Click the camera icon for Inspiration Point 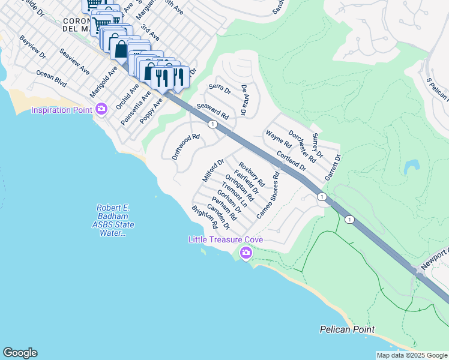click(x=101, y=109)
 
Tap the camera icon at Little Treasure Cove click(x=246, y=253)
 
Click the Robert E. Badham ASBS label click(x=113, y=220)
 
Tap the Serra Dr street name click(x=220, y=89)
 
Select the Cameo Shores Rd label click(x=268, y=196)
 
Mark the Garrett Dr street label click(x=333, y=168)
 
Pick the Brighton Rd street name click(x=204, y=217)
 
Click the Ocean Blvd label click(x=52, y=77)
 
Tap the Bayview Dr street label click(x=32, y=47)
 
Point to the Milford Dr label click(x=213, y=170)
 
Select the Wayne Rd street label click(x=279, y=140)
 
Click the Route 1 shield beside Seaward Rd click(x=212, y=124)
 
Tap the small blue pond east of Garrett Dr click(x=412, y=166)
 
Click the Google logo click(x=20, y=353)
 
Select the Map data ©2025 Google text click(x=411, y=355)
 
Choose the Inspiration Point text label click(x=62, y=110)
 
